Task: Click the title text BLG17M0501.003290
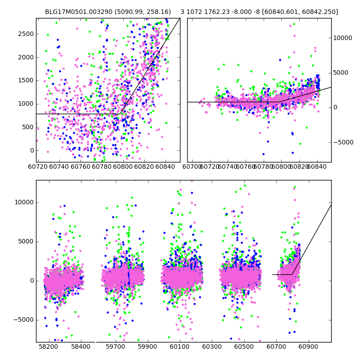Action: point(76,12)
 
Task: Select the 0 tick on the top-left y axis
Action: point(30,150)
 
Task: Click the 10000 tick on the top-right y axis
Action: point(343,38)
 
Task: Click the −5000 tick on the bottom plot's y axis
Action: point(23,319)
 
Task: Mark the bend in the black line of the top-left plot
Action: point(121,114)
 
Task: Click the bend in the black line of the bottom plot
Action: point(292,274)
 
